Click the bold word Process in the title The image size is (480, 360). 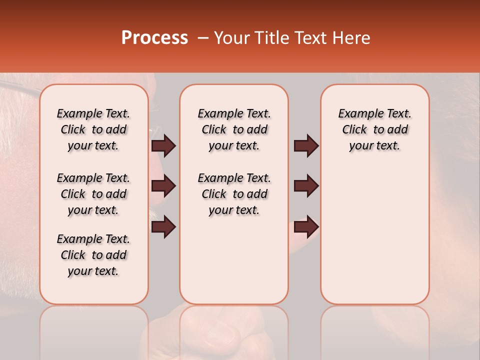tap(154, 38)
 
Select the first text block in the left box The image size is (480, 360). tap(93, 129)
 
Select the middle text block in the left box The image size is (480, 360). tap(93, 194)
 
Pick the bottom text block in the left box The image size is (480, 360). tap(93, 255)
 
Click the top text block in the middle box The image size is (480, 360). tap(234, 129)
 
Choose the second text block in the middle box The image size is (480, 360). tap(234, 194)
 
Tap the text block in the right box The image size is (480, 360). tap(374, 129)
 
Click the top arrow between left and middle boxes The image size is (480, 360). tap(163, 145)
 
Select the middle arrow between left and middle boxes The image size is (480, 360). tap(163, 186)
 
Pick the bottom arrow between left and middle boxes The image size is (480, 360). tap(163, 227)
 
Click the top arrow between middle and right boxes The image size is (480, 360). tap(306, 145)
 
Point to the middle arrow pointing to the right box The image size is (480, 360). tap(306, 186)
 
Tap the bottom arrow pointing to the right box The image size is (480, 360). tap(306, 227)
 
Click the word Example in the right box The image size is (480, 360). tap(356, 113)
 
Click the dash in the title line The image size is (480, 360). tap(202, 38)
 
